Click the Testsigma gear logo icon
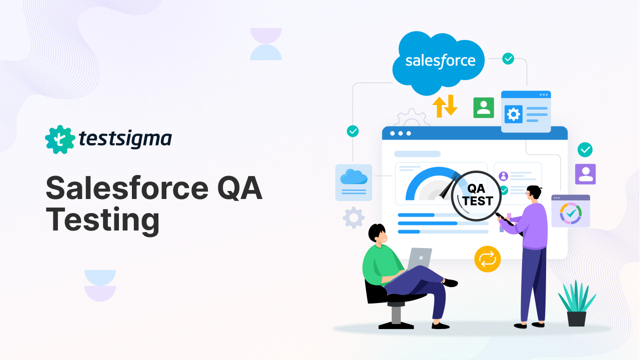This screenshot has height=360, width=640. click(60, 139)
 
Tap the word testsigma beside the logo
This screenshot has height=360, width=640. click(125, 139)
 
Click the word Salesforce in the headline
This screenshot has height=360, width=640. click(126, 189)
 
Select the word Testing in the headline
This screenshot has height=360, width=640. click(102, 220)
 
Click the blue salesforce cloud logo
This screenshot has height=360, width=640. click(439, 62)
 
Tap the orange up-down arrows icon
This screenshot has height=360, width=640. click(445, 106)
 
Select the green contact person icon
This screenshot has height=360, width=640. click(484, 107)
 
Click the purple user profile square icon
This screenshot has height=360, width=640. click(585, 173)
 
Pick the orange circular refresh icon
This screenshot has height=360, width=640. click(487, 259)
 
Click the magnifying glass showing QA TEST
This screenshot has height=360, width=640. click(476, 195)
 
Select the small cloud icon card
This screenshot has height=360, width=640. click(354, 182)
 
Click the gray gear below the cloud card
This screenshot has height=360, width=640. click(354, 217)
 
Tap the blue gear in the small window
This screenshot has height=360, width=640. click(513, 114)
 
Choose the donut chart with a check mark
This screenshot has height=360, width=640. click(571, 213)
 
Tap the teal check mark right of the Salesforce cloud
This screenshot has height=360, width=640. click(508, 58)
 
